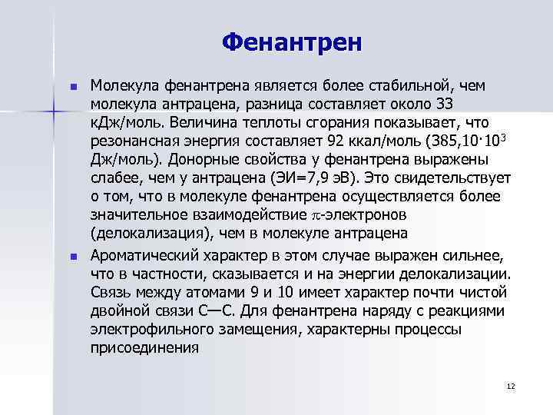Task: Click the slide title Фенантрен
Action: pos(291,42)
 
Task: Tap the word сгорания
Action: pos(333,121)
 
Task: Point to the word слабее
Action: pos(115,177)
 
